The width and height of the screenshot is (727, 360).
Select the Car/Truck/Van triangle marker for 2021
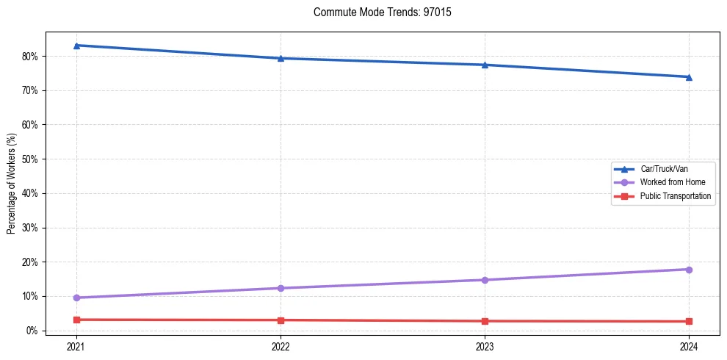pos(76,46)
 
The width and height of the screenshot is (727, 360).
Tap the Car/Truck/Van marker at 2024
pos(689,77)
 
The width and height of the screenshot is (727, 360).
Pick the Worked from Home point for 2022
pos(281,288)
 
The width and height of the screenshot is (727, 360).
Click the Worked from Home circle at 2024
pos(689,270)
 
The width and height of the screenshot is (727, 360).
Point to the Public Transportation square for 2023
pos(485,321)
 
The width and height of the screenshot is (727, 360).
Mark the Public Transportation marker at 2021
pos(76,320)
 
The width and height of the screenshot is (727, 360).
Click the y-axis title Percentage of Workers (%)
pos(12,184)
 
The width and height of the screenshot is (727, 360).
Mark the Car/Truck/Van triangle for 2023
pos(485,65)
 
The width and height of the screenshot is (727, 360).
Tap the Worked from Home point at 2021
pos(76,298)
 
